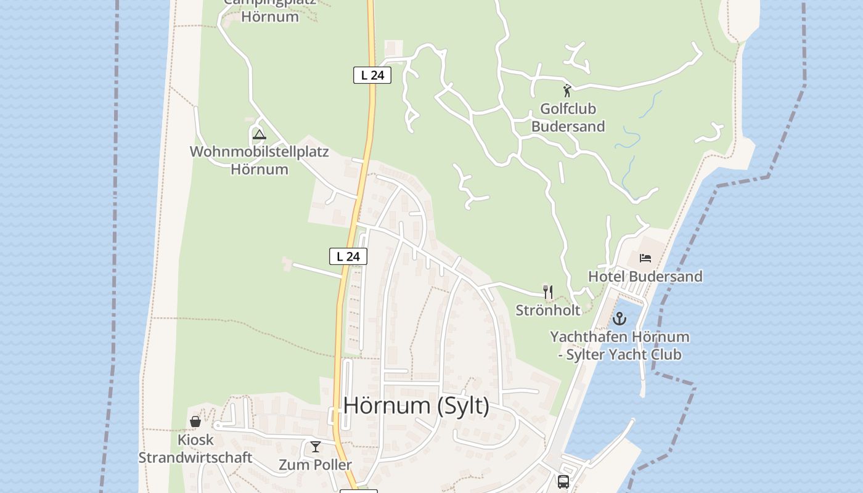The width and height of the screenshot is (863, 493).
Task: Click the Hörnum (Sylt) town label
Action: click(416, 405)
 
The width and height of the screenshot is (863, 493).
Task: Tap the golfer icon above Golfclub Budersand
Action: click(567, 91)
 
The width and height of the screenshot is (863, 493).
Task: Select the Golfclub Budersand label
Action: click(568, 118)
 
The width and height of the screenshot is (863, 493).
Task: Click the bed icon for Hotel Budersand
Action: click(645, 258)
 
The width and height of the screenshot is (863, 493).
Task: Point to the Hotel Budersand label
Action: click(645, 277)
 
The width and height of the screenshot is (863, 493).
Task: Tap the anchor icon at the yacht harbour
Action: click(619, 319)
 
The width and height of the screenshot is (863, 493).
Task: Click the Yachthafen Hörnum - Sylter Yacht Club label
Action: click(620, 346)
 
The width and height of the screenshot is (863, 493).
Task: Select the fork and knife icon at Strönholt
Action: click(547, 291)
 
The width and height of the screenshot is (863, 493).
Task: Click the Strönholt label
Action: click(548, 310)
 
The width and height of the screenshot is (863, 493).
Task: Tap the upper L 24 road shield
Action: click(372, 75)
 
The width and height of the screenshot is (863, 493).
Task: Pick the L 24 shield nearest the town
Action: click(348, 256)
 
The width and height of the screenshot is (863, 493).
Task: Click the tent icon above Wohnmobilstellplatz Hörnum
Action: click(260, 134)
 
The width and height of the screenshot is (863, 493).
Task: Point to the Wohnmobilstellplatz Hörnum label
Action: click(260, 160)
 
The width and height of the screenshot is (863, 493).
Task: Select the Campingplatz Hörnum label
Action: click(270, 10)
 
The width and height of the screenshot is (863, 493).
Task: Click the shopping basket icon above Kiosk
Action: click(195, 422)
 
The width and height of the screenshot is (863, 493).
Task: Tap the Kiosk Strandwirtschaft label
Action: click(195, 449)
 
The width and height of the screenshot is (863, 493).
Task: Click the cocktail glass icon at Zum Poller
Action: click(316, 447)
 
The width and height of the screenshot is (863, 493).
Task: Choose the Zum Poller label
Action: click(315, 465)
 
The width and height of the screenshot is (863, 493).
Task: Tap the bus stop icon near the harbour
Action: click(563, 481)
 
